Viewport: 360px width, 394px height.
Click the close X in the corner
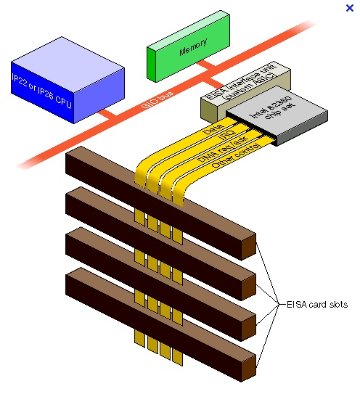[x=350, y=8]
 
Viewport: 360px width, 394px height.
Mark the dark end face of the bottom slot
[x=248, y=366]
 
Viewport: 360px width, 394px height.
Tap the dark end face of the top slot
[x=248, y=247]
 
